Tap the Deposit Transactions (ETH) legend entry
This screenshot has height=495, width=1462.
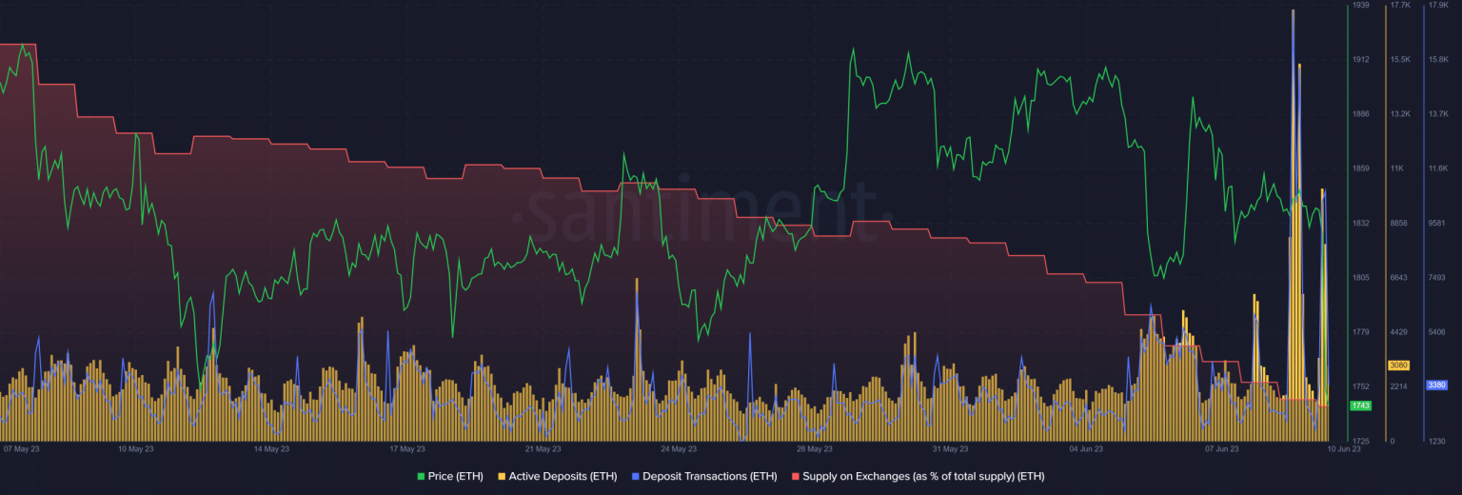click(x=703, y=475)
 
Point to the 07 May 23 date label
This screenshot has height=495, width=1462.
click(x=21, y=448)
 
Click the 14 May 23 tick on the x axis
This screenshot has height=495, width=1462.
click(x=271, y=448)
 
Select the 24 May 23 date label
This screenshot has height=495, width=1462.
click(x=678, y=448)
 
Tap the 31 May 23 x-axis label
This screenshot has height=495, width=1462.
click(x=950, y=448)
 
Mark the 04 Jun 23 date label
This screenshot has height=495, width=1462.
click(x=1086, y=448)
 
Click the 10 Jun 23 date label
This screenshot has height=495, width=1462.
click(x=1343, y=448)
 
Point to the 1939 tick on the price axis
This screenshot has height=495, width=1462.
click(x=1360, y=6)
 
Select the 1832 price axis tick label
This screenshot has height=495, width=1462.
click(x=1360, y=223)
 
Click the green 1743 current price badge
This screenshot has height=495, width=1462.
click(x=1360, y=406)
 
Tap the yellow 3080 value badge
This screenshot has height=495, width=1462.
click(x=1398, y=366)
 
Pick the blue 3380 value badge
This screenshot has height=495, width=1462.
click(x=1436, y=386)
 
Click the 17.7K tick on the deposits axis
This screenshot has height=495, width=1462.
click(x=1400, y=6)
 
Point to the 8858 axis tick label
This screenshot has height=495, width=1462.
click(x=1398, y=223)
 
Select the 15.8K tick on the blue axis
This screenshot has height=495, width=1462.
click(x=1438, y=60)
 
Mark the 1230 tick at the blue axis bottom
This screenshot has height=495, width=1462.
click(x=1436, y=441)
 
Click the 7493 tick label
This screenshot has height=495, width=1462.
click(x=1436, y=278)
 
